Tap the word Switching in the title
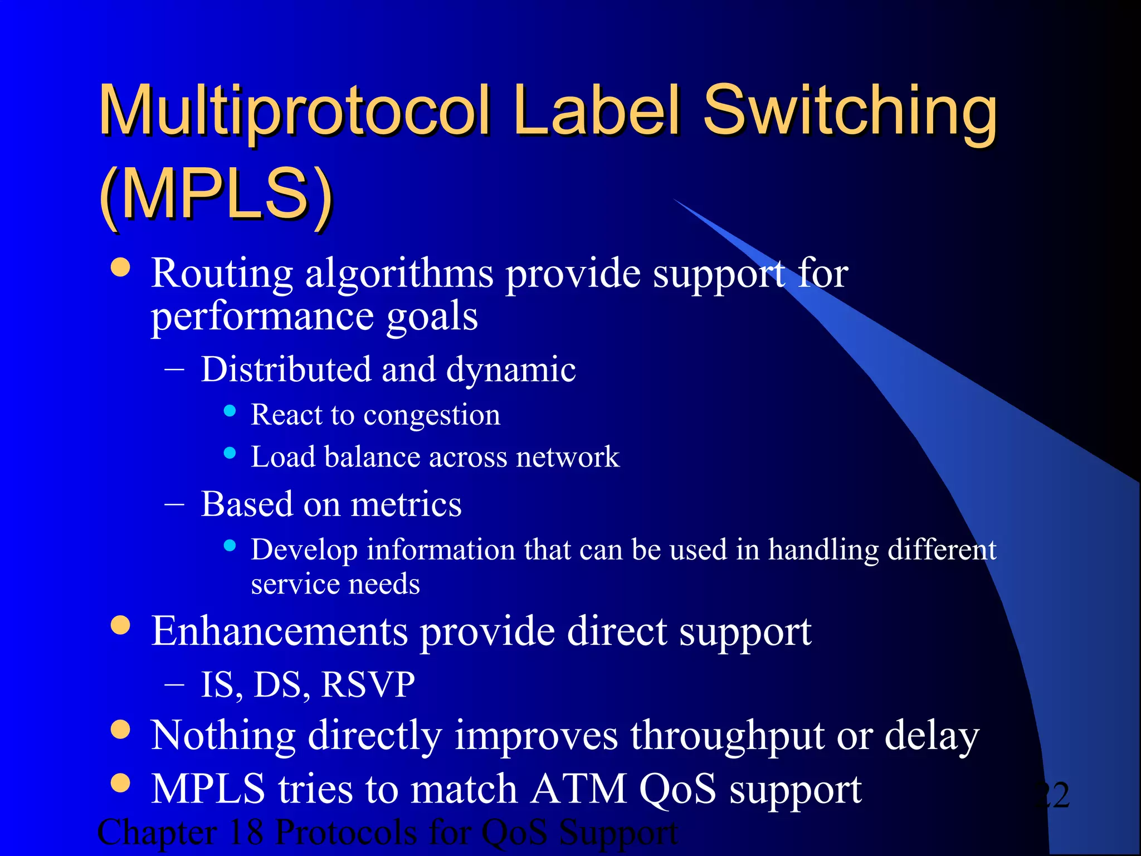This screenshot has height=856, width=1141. pos(850,111)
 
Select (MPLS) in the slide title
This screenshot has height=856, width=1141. pos(216,195)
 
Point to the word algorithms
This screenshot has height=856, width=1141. pos(399,274)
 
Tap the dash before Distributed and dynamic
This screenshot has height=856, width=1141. pos(174,369)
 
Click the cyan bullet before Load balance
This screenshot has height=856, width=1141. pos(230,453)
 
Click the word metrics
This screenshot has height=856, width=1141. pos(406,504)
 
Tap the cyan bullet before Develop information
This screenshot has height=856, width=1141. pos(230,546)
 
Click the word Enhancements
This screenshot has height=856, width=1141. pos(280,631)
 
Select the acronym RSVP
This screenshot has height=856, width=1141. pos(368,684)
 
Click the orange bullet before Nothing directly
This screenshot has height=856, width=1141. pos(120,729)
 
